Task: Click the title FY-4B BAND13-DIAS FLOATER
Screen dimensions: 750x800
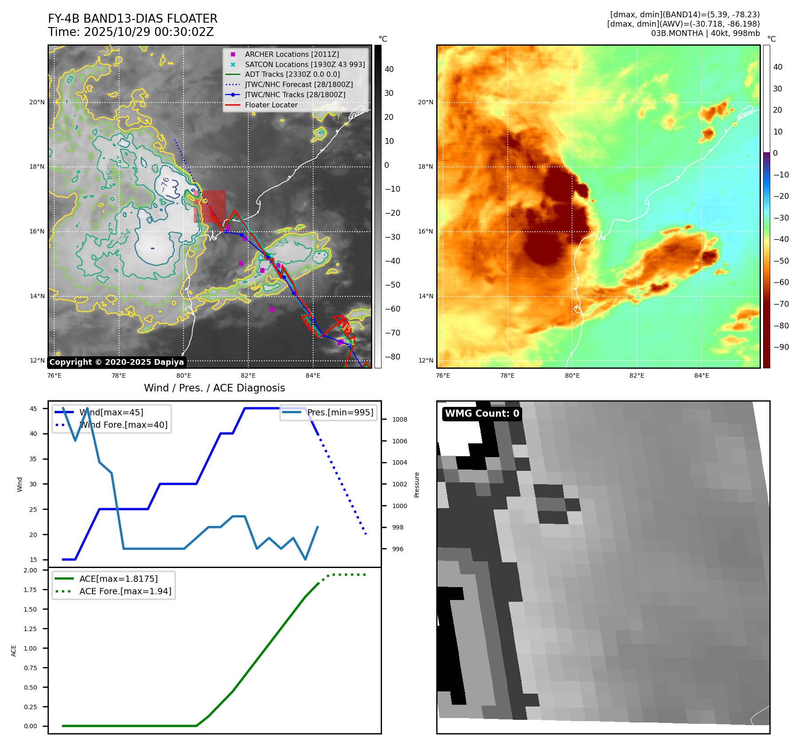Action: (132, 19)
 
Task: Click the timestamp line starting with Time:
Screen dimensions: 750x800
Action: (131, 32)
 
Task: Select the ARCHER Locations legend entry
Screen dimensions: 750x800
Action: (291, 54)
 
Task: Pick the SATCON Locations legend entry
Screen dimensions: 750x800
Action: (304, 64)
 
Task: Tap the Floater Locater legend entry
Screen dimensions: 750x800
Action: (271, 105)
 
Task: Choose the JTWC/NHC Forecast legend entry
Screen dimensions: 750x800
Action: (299, 84)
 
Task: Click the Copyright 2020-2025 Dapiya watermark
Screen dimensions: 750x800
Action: (116, 362)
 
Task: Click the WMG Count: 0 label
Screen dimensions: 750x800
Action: (482, 414)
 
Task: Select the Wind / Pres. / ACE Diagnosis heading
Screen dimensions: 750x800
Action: (214, 388)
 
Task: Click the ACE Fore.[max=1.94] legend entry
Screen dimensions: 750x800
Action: (125, 591)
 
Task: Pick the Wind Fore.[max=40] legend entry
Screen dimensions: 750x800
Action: (123, 425)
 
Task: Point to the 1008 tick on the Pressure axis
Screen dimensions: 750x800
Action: (399, 419)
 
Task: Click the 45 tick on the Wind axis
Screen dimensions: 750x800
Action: (33, 409)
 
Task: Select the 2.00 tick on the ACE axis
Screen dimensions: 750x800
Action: (30, 570)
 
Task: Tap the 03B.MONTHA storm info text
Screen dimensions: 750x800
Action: (705, 33)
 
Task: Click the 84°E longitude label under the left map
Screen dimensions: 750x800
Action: (313, 375)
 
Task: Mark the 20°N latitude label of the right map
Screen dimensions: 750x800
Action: (425, 102)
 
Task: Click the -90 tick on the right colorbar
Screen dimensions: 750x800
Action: (780, 347)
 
